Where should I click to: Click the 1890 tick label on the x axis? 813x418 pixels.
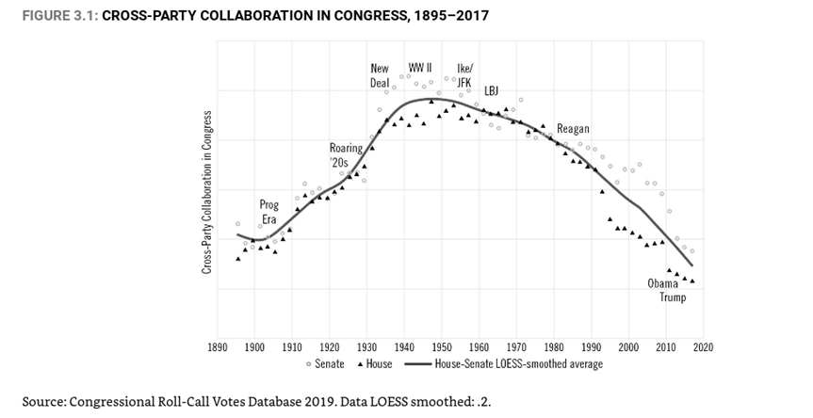click(x=217, y=346)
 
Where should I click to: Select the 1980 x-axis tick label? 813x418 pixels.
click(x=554, y=346)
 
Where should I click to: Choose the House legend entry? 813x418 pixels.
click(x=380, y=363)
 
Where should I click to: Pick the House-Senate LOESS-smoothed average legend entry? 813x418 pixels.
click(x=518, y=363)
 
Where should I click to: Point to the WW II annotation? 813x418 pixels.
click(x=420, y=68)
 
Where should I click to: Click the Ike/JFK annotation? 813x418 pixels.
click(x=465, y=75)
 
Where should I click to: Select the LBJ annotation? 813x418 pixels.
click(x=492, y=90)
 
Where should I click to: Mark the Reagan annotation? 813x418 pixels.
click(x=573, y=129)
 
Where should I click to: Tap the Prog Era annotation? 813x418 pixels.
click(x=269, y=212)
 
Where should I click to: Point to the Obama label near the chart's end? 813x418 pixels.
click(x=663, y=283)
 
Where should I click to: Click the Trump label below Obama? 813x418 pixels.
click(x=673, y=297)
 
